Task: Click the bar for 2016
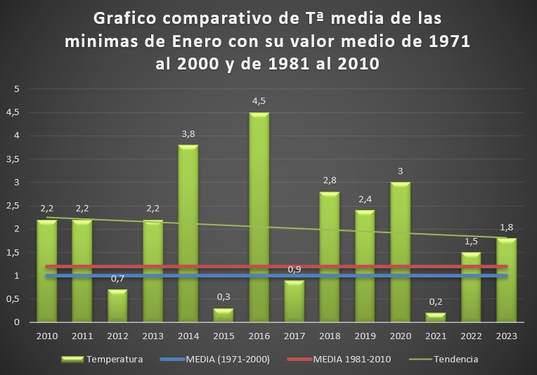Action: pyautogui.click(x=259, y=218)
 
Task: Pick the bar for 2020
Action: pyautogui.click(x=400, y=252)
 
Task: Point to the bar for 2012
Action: pyautogui.click(x=117, y=305)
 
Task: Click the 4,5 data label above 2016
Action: pyautogui.click(x=259, y=101)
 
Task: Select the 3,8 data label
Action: pyautogui.click(x=188, y=134)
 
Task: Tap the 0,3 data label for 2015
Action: pyautogui.click(x=224, y=297)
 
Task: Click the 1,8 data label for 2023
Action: pyautogui.click(x=506, y=227)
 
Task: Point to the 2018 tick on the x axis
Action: pyautogui.click(x=330, y=336)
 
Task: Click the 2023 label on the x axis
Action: pyautogui.click(x=506, y=336)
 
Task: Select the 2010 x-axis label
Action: pyautogui.click(x=47, y=336)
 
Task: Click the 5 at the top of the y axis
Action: pyautogui.click(x=17, y=89)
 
